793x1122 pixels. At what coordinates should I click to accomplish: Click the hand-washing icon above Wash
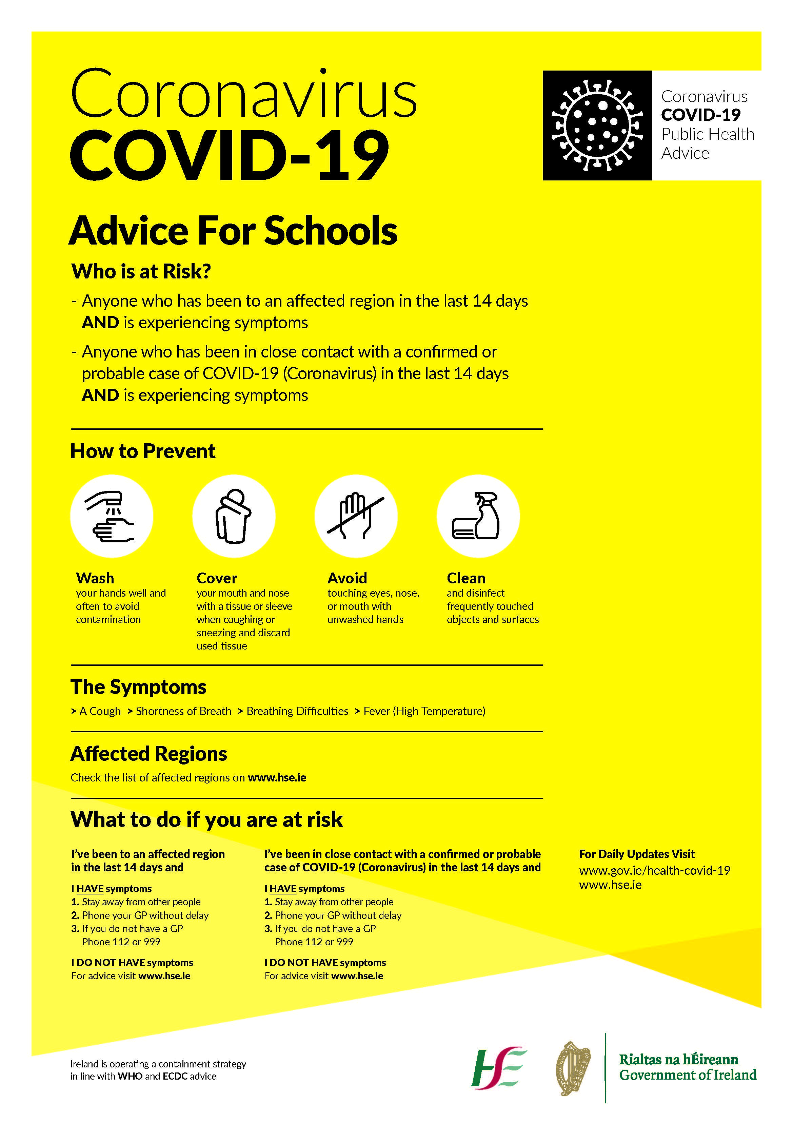pos(112,517)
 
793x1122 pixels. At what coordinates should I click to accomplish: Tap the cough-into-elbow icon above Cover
pos(234,517)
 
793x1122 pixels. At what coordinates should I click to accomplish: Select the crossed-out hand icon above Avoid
pos(356,517)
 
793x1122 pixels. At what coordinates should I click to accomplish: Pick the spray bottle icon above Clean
pos(478,517)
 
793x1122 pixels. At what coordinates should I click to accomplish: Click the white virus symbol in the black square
pos(597,125)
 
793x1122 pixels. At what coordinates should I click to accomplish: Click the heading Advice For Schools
pos(233,231)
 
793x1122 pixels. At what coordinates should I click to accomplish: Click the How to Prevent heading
pos(143,451)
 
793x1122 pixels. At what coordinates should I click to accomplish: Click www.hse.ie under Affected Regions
pos(277,777)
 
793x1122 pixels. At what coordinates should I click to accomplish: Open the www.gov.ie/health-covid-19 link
pos(654,870)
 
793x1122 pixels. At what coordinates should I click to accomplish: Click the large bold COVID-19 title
pos(230,155)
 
